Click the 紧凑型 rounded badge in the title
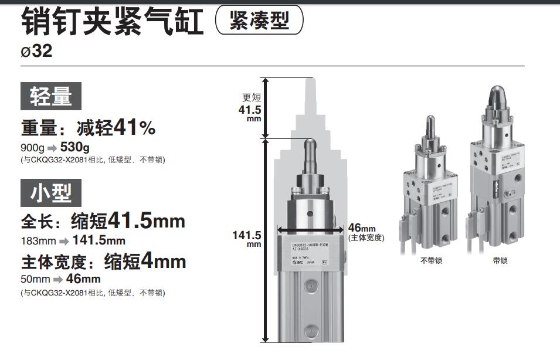pos(260,21)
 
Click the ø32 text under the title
pos(36,52)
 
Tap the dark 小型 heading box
pos(51,193)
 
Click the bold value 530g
pos(75,147)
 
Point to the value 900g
pos(32,148)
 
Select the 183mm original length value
pos(38,240)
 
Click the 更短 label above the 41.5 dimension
pos(251,98)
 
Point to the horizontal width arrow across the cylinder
pos(311,230)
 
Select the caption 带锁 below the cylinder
pos(500,260)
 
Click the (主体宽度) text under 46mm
pos(366,238)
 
